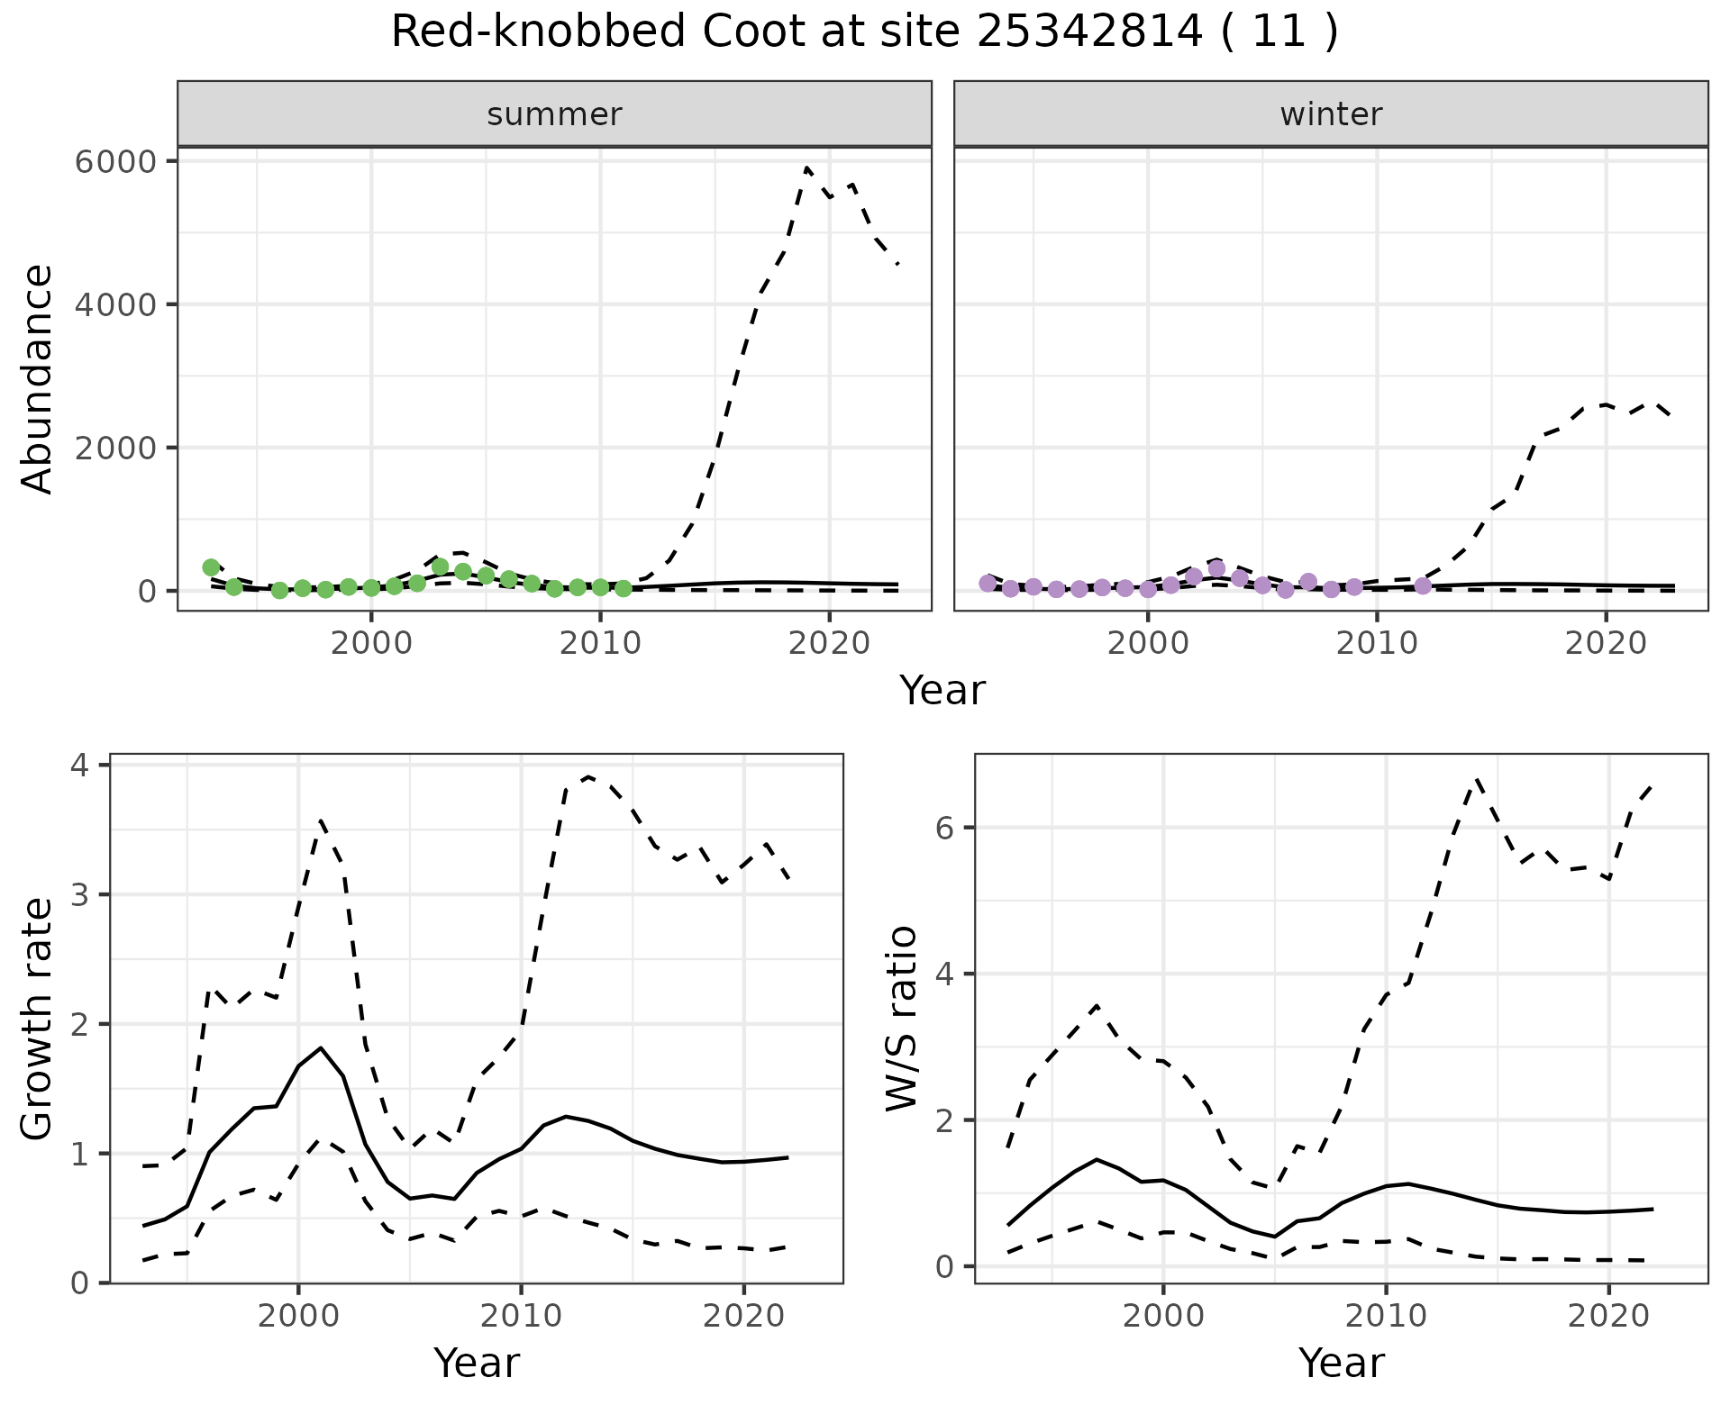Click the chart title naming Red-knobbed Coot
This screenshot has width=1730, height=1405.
tap(864, 33)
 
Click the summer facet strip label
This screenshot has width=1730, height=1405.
tap(554, 114)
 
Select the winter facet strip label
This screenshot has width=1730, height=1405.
tap(1331, 114)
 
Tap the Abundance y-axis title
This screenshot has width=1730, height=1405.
tap(38, 378)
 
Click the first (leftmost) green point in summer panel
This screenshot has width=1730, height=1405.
tap(211, 567)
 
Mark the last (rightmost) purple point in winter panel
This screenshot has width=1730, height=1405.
tap(1423, 586)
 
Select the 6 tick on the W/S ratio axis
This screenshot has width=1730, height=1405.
tap(945, 828)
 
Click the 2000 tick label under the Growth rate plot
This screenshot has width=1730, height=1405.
tap(298, 1316)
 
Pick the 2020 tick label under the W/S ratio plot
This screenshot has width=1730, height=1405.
tap(1608, 1316)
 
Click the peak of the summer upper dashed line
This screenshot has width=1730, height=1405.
tap(807, 168)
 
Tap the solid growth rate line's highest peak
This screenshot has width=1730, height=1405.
tap(321, 1047)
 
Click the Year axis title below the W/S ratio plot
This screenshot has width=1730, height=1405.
tap(1341, 1363)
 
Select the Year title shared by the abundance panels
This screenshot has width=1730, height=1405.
tap(942, 691)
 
